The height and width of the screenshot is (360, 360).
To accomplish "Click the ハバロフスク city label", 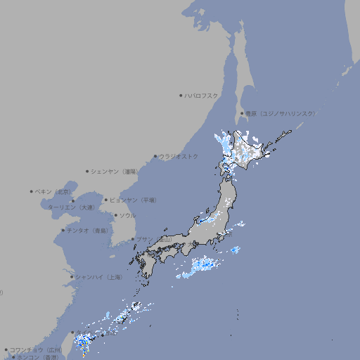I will (x=202, y=95).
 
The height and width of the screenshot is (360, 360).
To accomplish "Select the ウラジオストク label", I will (x=179, y=156).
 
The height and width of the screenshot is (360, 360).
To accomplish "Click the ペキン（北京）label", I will (x=53, y=191).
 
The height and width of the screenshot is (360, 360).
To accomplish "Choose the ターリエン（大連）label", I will (x=71, y=207).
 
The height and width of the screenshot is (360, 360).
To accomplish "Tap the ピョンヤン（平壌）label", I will (x=134, y=200).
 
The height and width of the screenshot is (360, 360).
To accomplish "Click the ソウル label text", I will (x=127, y=215).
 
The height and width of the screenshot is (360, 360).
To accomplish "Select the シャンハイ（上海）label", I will (x=98, y=277).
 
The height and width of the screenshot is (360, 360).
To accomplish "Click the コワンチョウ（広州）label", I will (x=35, y=349).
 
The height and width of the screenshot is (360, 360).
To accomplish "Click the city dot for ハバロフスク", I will (x=181, y=95).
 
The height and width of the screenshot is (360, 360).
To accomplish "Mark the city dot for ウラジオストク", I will (x=155, y=156).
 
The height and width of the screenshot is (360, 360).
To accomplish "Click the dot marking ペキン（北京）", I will (x=32, y=191).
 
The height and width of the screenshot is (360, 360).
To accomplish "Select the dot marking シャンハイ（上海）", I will (x=72, y=277).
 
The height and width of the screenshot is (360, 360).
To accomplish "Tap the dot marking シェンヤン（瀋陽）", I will (x=88, y=171).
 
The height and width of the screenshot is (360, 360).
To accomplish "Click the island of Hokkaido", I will (x=253, y=151).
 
